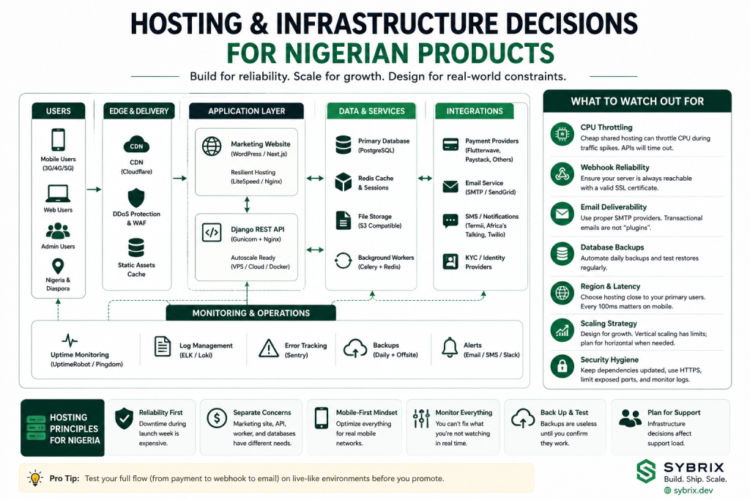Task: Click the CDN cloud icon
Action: click(x=136, y=144)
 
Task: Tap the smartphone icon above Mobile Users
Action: click(x=58, y=140)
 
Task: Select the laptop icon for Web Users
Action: click(x=58, y=193)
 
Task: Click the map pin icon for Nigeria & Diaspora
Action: click(x=58, y=266)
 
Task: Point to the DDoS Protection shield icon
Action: click(x=136, y=198)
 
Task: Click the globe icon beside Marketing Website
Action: click(x=212, y=146)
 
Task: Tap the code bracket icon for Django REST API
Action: click(x=212, y=233)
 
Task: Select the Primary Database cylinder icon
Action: click(x=343, y=145)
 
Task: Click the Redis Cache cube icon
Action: click(x=343, y=182)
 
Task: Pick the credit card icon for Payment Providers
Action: click(x=450, y=144)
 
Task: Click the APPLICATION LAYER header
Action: click(x=246, y=111)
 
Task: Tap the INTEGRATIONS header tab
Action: click(x=475, y=111)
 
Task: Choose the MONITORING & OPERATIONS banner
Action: click(x=251, y=313)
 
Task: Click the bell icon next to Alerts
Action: click(x=450, y=348)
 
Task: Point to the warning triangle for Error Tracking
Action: click(x=269, y=348)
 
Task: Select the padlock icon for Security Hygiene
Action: click(x=562, y=366)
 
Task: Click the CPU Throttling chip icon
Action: click(x=562, y=134)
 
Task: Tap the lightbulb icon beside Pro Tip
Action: click(x=35, y=478)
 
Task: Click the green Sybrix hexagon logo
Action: click(x=646, y=471)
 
